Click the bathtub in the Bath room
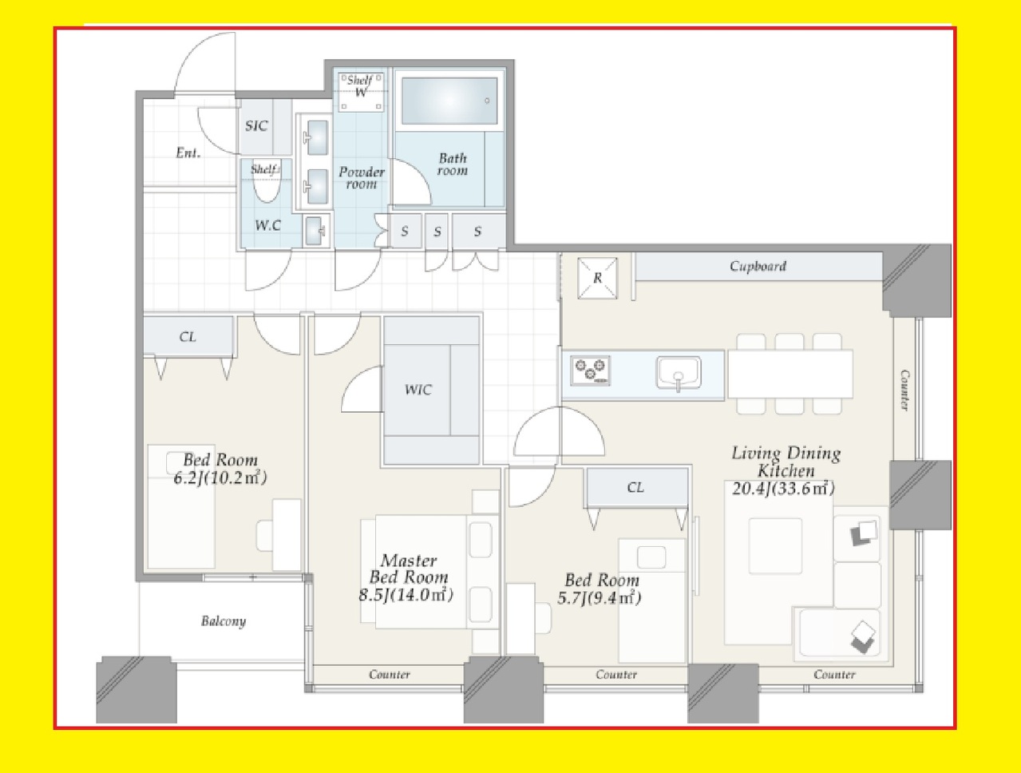[x=449, y=101]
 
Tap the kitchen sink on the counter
[x=679, y=373]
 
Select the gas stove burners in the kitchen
[x=590, y=371]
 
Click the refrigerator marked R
[x=597, y=278]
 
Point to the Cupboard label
[x=758, y=266]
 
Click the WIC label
[x=418, y=390]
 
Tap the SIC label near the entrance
[x=256, y=125]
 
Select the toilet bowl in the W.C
[x=267, y=182]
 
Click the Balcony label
[x=224, y=621]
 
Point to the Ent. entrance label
[x=188, y=153]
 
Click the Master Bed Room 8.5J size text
[x=406, y=596]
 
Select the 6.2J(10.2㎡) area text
[x=220, y=478]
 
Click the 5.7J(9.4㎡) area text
[x=600, y=598]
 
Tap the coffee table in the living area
[x=775, y=546]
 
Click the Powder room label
[x=362, y=178]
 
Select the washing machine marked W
[x=361, y=92]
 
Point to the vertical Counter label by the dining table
[x=904, y=390]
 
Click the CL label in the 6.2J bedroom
[x=188, y=337]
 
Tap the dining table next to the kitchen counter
[x=790, y=374]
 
